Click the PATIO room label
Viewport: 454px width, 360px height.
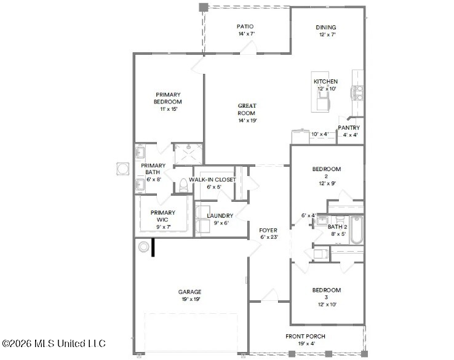point(245,26)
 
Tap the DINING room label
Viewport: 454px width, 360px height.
point(326,27)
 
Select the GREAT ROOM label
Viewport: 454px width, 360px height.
point(247,110)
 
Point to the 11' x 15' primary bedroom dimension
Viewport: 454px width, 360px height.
point(169,109)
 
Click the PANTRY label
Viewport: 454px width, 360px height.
point(349,128)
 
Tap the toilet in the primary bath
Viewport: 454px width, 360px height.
point(183,185)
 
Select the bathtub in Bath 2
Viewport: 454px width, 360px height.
point(356,230)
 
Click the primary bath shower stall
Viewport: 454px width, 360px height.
point(188,154)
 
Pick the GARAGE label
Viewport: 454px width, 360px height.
point(189,292)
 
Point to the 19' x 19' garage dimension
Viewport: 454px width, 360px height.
point(191,299)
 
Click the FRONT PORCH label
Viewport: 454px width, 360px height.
point(305,336)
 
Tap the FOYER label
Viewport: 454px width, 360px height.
point(268,230)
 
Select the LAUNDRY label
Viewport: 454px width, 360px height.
point(220,216)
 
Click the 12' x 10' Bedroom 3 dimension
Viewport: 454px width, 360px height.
point(327,305)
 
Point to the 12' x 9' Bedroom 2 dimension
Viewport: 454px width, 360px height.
point(327,183)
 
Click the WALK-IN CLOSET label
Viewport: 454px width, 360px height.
point(212,180)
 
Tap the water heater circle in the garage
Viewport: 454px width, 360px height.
point(143,247)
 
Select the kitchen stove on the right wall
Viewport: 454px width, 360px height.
point(357,93)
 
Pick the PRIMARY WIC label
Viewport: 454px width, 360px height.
point(163,216)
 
